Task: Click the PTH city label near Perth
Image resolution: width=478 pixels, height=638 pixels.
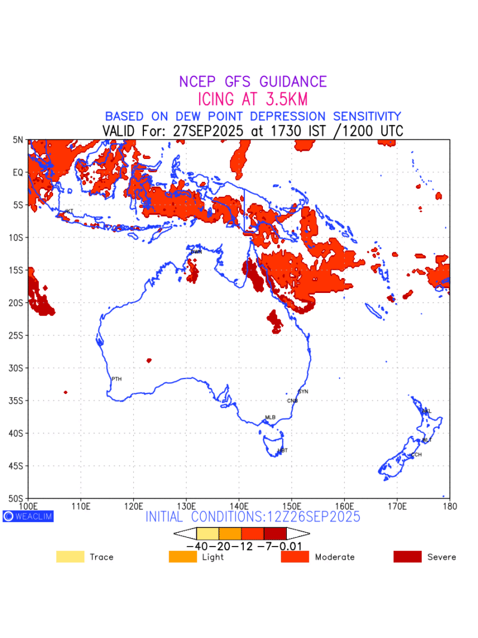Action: [x=117, y=379]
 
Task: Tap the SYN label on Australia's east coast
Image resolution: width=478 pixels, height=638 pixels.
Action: [x=303, y=392]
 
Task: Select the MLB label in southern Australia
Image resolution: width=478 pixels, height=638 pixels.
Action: [x=270, y=417]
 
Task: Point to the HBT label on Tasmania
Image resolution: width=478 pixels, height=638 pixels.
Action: [x=283, y=450]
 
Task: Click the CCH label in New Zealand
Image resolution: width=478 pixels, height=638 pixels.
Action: [x=416, y=455]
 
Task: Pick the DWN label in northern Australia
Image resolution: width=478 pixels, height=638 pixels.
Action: [x=196, y=252]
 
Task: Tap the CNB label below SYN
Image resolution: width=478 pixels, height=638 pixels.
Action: [x=292, y=401]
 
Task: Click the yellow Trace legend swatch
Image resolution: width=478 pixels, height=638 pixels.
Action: [x=70, y=557]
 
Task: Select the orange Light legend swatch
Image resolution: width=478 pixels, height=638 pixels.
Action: [x=183, y=557]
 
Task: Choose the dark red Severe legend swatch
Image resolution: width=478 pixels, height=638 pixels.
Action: [x=407, y=557]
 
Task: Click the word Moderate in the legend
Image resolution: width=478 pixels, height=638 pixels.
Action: [x=335, y=557]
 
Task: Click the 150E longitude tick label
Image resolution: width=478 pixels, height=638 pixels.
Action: [x=292, y=506]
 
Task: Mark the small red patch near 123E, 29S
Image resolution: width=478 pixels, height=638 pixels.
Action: [x=149, y=361]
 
